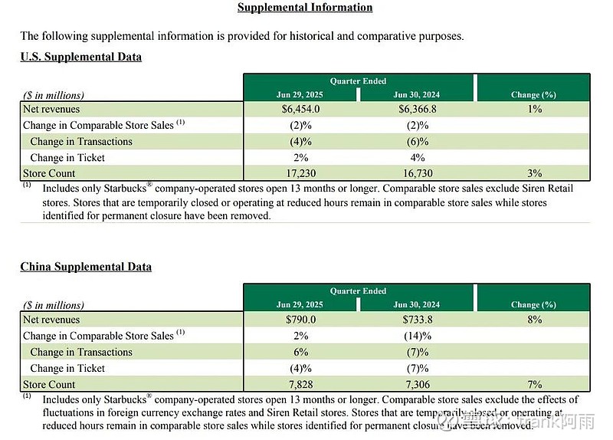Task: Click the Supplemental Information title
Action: point(305,8)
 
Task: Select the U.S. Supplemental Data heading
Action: point(80,57)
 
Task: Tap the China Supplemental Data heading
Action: point(86,267)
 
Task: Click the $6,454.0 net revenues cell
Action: point(300,110)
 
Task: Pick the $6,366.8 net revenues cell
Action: point(417,110)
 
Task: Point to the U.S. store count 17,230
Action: point(300,174)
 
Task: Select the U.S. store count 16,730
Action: point(417,174)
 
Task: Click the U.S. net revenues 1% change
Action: point(533,110)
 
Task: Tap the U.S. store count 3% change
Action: point(533,174)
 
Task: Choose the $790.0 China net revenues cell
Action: point(300,320)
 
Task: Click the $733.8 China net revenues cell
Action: point(417,320)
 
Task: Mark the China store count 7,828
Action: point(300,385)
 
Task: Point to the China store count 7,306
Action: point(417,385)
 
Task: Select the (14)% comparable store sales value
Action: point(417,336)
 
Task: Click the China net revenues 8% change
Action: point(533,320)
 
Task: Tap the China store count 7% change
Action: point(533,385)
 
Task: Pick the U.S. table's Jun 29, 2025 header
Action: point(300,95)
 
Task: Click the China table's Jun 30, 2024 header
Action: point(417,305)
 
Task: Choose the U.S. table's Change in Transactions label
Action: point(81,142)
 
